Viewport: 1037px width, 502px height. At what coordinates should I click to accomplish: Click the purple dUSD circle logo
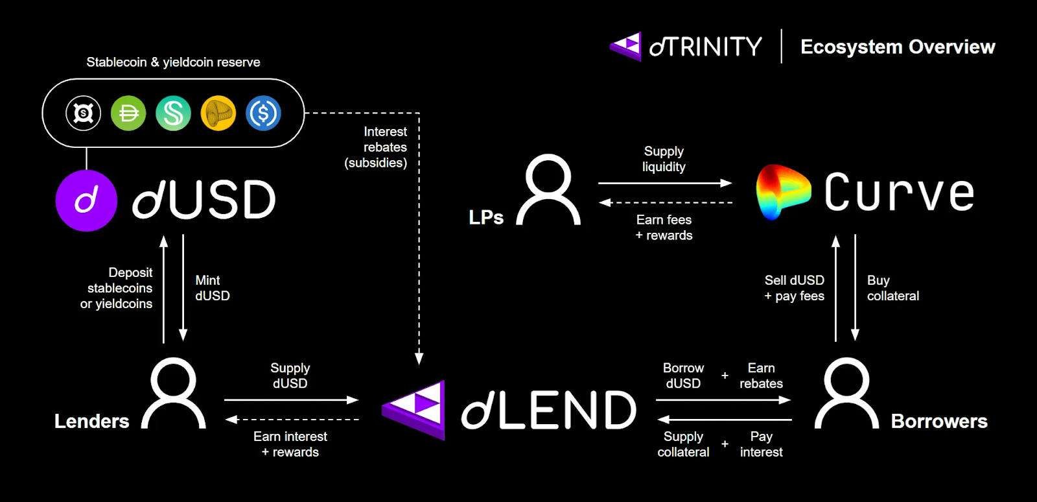click(86, 200)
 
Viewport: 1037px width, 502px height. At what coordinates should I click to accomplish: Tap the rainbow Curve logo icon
click(782, 192)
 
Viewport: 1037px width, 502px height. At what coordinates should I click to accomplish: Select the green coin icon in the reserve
click(128, 114)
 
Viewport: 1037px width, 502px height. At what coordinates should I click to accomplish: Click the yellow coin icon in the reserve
click(218, 114)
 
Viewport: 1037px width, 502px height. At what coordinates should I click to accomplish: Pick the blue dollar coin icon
click(263, 114)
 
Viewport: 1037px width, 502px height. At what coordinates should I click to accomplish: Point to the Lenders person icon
click(174, 393)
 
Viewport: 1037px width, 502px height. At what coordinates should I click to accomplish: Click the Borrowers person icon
click(846, 393)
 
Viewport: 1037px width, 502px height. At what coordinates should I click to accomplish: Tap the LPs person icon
click(548, 189)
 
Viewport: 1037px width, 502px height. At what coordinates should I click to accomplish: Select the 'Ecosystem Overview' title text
click(898, 47)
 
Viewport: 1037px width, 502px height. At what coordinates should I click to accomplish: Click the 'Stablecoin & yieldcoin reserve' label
click(173, 62)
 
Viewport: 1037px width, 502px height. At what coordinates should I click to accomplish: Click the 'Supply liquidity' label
click(664, 159)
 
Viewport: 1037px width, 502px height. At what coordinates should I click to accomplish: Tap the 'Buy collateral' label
click(892, 288)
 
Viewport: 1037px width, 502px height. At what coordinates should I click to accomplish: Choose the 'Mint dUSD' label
click(212, 288)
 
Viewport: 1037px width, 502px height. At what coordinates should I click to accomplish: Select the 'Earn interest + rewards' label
click(290, 444)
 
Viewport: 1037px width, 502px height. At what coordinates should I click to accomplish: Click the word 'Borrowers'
click(939, 421)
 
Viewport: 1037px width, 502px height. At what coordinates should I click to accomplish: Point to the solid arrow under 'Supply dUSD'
click(291, 400)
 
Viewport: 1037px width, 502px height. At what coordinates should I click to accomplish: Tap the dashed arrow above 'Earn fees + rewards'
click(665, 202)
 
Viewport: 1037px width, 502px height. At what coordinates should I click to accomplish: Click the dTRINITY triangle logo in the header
click(626, 47)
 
